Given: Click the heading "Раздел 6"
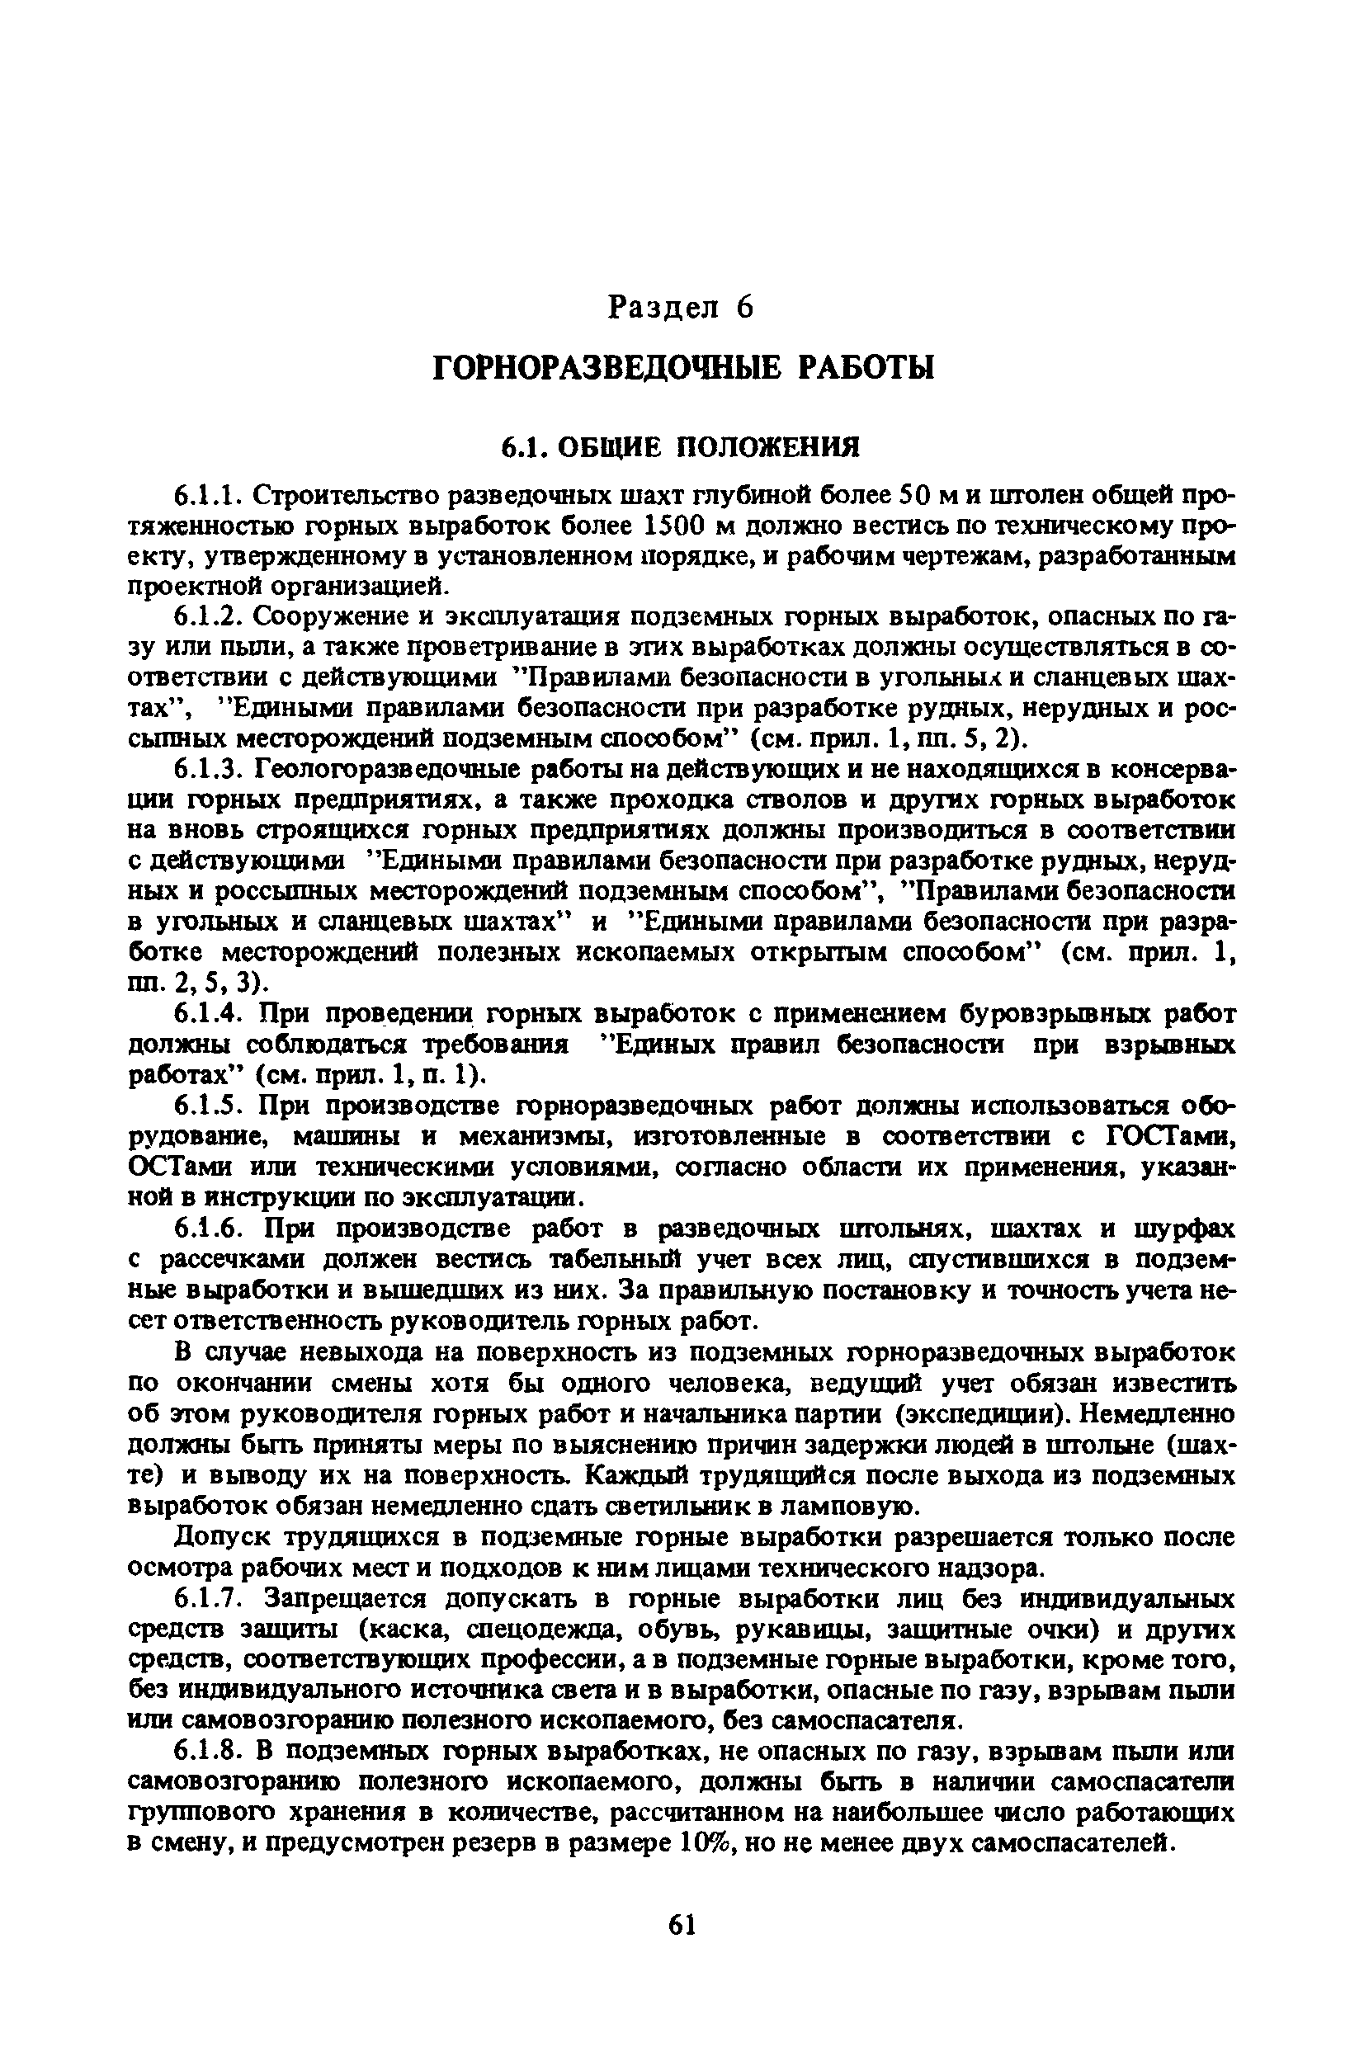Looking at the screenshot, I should (x=680, y=308).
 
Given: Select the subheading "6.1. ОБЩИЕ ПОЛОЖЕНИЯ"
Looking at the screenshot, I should (x=681, y=447).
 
